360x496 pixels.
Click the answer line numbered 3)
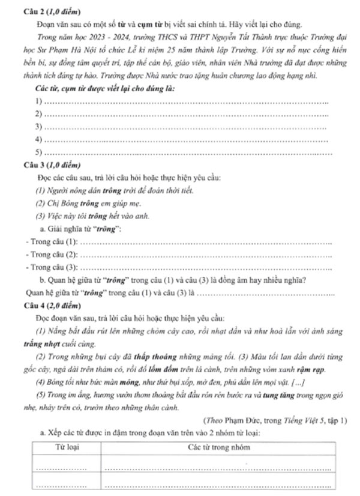(x=186, y=127)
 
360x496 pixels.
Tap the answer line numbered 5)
(x=186, y=153)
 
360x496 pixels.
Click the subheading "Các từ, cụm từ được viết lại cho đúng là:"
(x=105, y=89)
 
